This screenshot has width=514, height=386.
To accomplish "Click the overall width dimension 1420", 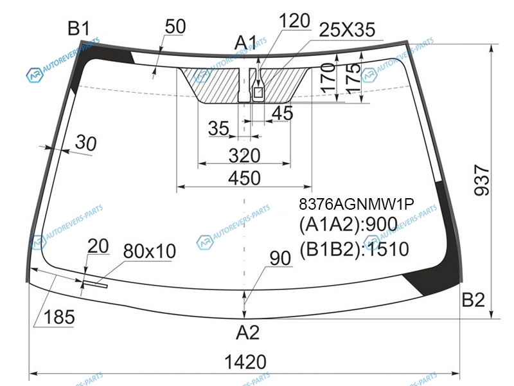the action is [245, 362].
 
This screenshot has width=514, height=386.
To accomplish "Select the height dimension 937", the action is [482, 181].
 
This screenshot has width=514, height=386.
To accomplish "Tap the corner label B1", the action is [78, 28].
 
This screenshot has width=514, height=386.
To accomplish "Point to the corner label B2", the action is [473, 299].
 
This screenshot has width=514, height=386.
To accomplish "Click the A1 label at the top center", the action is [246, 42].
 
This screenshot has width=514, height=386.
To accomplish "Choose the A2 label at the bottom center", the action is [247, 333].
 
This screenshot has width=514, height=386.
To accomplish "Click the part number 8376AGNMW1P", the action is [357, 204].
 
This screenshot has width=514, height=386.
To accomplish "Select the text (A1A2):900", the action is [348, 225].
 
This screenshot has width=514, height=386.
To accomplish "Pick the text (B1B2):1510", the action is [354, 249].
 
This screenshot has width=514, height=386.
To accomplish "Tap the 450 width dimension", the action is [245, 178].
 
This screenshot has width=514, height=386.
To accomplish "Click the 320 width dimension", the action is [245, 156].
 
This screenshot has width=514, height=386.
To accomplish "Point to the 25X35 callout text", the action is [347, 30].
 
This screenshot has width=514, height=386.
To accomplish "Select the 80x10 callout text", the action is [150, 251].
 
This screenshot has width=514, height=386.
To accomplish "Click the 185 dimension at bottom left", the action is [59, 317].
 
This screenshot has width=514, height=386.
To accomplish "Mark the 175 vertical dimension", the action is [353, 78].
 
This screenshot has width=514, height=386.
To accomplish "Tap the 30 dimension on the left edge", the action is [86, 143].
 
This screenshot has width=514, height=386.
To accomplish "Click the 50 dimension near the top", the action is [175, 26].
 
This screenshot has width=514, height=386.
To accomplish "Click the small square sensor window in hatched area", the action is [258, 93].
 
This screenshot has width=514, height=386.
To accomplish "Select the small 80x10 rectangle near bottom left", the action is [95, 284].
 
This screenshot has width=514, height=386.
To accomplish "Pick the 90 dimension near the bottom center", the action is [280, 259].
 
